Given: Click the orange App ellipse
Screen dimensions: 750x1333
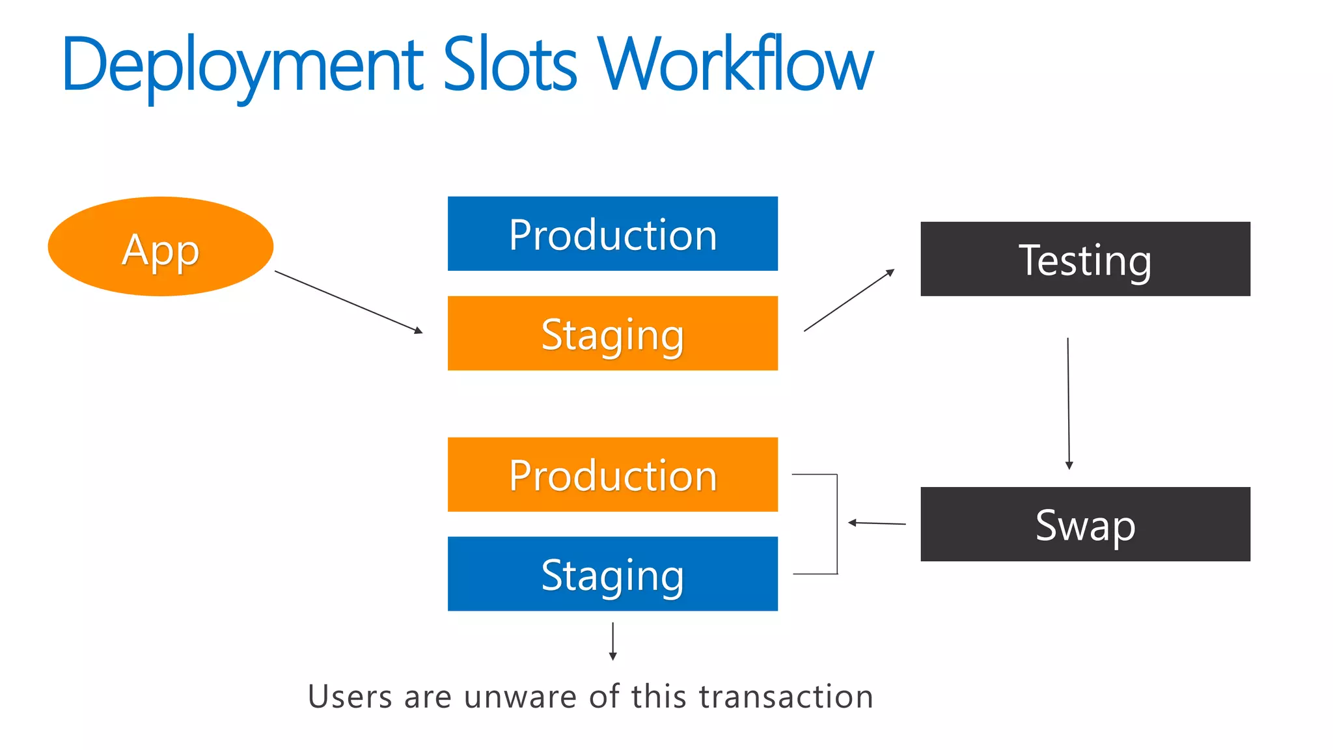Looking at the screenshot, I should pyautogui.click(x=160, y=246).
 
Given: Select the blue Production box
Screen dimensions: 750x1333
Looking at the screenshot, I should pyautogui.click(x=612, y=234).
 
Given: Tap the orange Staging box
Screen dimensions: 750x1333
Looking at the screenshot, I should pyautogui.click(x=612, y=333).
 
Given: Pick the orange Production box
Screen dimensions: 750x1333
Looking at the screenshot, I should pyautogui.click(x=612, y=475).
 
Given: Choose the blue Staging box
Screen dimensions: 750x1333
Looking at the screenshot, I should pyautogui.click(x=612, y=574).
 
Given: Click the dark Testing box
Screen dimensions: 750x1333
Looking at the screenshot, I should pyautogui.click(x=1085, y=259).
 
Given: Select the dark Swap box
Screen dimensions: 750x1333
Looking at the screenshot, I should pyautogui.click(x=1085, y=524).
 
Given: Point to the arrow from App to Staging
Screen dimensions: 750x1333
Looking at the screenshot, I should pyautogui.click(x=348, y=302).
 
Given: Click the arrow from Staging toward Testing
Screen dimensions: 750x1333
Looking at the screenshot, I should pyautogui.click(x=849, y=300).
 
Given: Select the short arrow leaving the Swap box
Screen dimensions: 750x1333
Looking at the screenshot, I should pyautogui.click(x=877, y=523).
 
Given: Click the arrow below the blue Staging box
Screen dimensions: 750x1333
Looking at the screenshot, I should pyautogui.click(x=612, y=641).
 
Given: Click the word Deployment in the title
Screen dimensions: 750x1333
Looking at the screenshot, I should pyautogui.click(x=243, y=65).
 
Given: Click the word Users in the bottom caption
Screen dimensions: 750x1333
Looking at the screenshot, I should pyautogui.click(x=350, y=697).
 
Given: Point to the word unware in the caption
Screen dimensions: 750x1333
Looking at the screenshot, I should pyautogui.click(x=520, y=697).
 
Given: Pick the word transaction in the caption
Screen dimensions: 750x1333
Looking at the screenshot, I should pyautogui.click(x=786, y=697).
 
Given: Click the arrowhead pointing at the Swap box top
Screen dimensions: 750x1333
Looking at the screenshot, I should pyautogui.click(x=1069, y=465).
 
